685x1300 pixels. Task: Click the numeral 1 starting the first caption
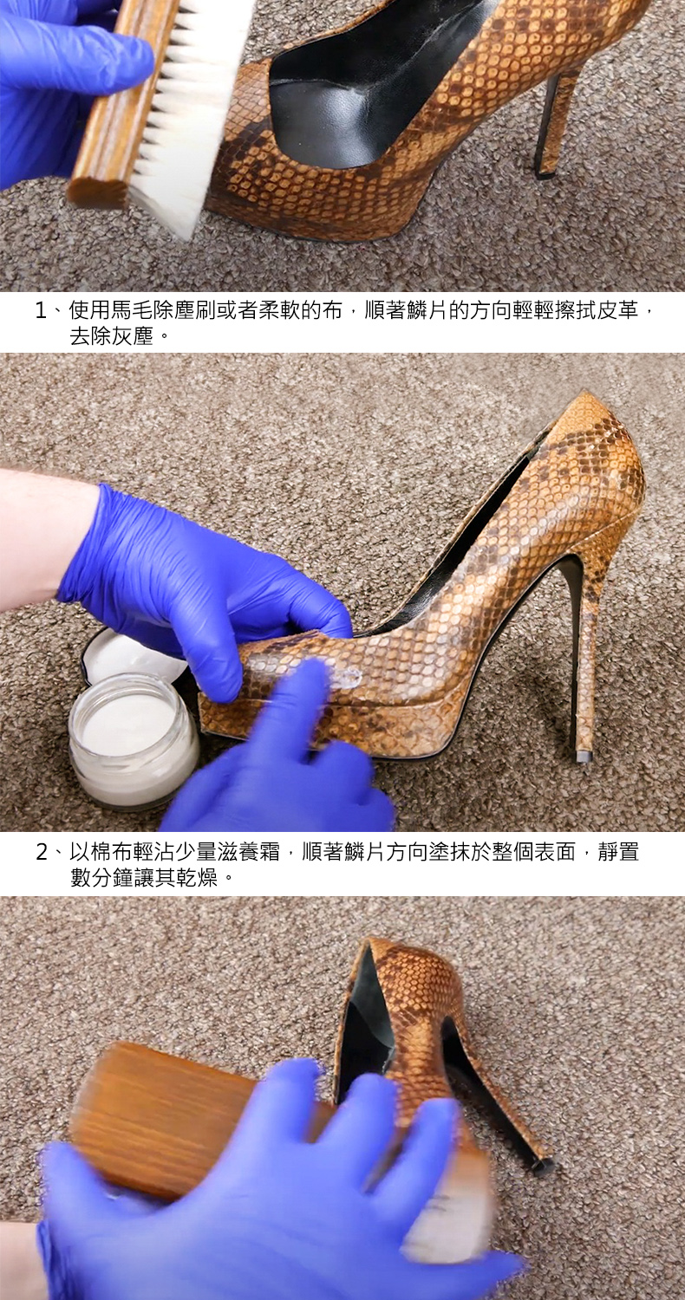pyautogui.click(x=41, y=312)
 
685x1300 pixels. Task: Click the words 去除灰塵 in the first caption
pyautogui.click(x=112, y=337)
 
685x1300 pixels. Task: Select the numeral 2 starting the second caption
pyautogui.click(x=42, y=853)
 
